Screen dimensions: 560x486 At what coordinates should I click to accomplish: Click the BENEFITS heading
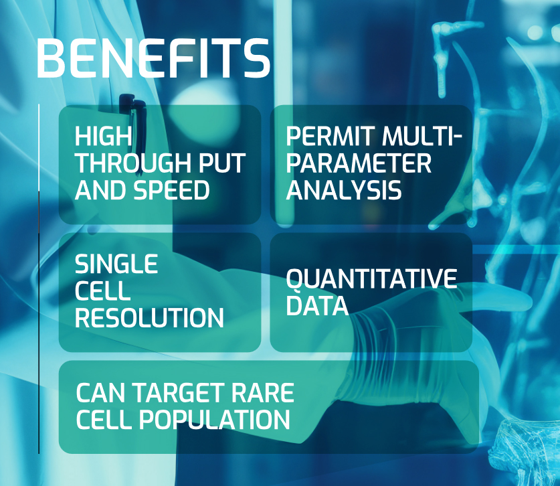pos(153,58)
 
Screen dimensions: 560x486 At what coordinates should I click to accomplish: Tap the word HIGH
pos(103,136)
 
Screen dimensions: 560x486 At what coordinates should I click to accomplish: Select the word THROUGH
pos(134,163)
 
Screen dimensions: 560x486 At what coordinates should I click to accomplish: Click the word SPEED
pos(171,189)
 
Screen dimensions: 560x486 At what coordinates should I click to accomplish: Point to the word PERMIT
pos(331,136)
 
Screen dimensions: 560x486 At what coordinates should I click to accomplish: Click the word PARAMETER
pos(359,163)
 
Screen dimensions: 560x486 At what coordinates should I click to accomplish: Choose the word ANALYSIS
pos(344,189)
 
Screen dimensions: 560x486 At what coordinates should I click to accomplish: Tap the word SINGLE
pos(116,264)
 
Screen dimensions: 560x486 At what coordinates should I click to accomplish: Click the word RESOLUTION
pos(149,317)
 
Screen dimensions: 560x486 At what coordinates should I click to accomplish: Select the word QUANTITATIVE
pos(371,278)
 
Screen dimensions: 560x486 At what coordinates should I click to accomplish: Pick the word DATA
pos(316,305)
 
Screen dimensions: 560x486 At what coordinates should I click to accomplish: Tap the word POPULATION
pos(214,420)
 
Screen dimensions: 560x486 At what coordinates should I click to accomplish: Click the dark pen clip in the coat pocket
pos(132,118)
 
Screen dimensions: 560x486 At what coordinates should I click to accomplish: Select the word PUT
pos(221,163)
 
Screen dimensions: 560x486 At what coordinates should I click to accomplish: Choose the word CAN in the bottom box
pos(102,393)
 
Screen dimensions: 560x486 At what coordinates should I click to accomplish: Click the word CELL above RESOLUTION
pos(102,291)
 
